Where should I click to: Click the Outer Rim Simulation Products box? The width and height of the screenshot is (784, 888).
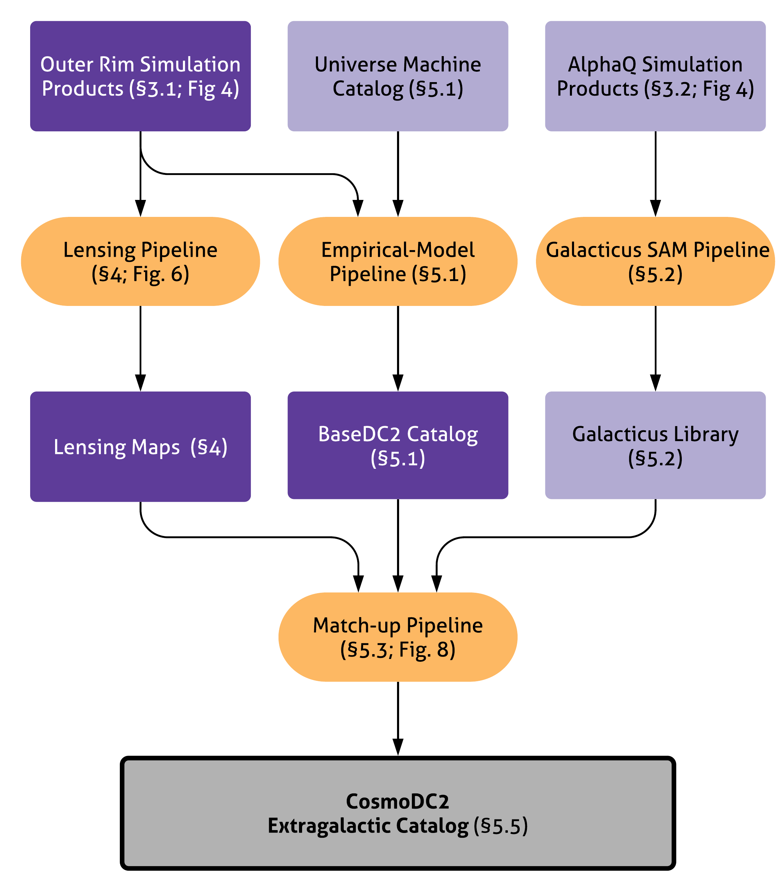(140, 76)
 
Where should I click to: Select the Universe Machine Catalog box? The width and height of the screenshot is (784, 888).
(397, 76)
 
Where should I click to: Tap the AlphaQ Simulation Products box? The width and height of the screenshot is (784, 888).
(655, 76)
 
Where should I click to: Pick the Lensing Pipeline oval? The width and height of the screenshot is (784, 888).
(140, 262)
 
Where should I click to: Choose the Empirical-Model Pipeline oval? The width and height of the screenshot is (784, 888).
(397, 262)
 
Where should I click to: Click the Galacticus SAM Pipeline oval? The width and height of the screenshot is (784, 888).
(655, 262)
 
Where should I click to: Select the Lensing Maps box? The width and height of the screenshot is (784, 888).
(140, 447)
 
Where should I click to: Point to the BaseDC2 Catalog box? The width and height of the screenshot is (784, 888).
(397, 445)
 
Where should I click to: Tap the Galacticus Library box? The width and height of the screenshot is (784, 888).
(655, 445)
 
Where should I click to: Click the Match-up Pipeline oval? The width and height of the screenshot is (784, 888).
(397, 637)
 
